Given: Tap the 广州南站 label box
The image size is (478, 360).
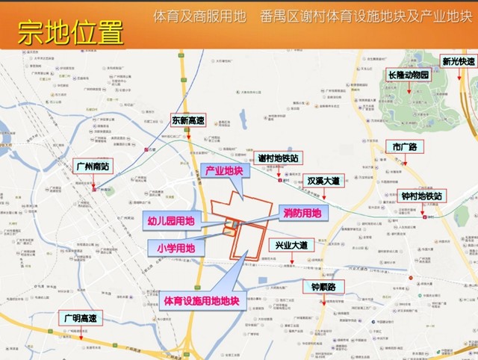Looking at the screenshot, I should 93,164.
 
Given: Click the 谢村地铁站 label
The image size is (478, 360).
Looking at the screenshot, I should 278,158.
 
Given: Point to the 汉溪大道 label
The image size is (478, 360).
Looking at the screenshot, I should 323,181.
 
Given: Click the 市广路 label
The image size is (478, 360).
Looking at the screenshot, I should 404,146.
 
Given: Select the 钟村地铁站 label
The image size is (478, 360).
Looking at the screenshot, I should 422,196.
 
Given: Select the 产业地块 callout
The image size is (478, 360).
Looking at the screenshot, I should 224,171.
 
